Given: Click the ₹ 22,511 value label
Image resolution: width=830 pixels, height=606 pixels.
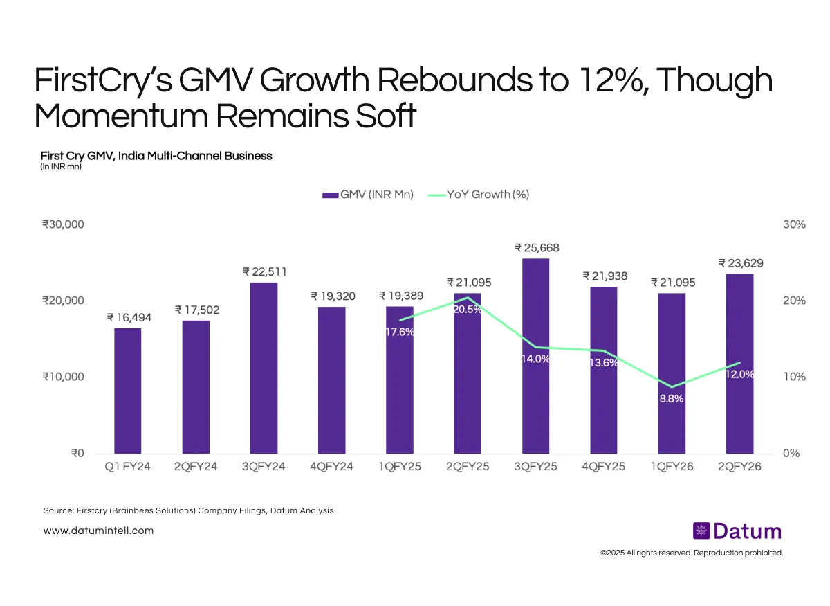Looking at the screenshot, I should pyautogui.click(x=264, y=271).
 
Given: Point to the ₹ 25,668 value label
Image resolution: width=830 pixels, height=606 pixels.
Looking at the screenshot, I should pyautogui.click(x=537, y=247).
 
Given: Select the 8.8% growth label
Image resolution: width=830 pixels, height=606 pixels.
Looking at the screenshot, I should pyautogui.click(x=671, y=399).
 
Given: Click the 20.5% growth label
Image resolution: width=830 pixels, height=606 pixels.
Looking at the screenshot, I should pyautogui.click(x=468, y=310).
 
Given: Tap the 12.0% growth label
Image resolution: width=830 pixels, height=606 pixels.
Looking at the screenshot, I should pyautogui.click(x=739, y=374).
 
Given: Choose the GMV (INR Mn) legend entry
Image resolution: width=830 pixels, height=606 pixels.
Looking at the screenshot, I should pyautogui.click(x=367, y=195).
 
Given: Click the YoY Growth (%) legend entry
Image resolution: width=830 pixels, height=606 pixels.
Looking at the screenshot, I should pyautogui.click(x=479, y=195).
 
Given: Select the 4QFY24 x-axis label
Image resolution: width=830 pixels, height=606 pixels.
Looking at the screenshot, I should pyautogui.click(x=332, y=467).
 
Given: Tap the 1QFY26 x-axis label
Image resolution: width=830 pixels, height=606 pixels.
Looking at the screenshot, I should pyautogui.click(x=672, y=467).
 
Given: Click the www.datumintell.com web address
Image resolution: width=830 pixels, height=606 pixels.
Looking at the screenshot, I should pyautogui.click(x=98, y=531).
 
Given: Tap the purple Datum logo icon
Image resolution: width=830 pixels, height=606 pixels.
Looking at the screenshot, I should pyautogui.click(x=702, y=531).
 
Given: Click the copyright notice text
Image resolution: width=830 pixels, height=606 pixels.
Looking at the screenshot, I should pyautogui.click(x=692, y=553).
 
